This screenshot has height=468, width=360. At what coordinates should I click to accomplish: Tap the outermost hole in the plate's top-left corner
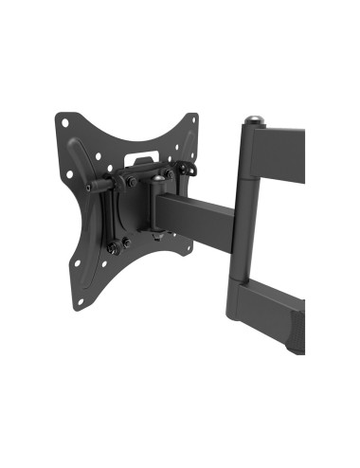coord(65,121)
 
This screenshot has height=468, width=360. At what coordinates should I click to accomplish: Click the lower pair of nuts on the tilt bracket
coord(117,248)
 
